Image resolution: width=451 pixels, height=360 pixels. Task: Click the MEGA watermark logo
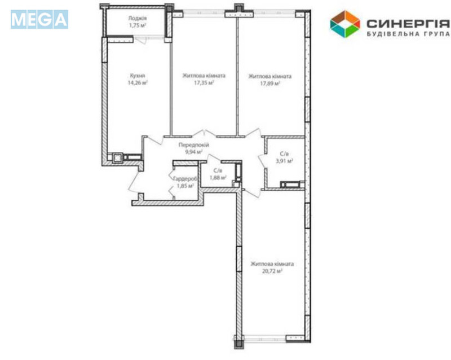pyautogui.click(x=39, y=19)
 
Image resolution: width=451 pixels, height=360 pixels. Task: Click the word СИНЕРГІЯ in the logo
pyautogui.click(x=408, y=23)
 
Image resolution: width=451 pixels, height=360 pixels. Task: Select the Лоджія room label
pyautogui.click(x=138, y=18)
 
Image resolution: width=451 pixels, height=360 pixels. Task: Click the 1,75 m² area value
pyautogui.click(x=138, y=25)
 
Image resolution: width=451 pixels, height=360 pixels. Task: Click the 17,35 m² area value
pyautogui.click(x=204, y=82)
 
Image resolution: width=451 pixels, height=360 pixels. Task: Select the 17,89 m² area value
pyautogui.click(x=271, y=82)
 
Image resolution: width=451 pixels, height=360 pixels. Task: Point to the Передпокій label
pyautogui.click(x=194, y=145)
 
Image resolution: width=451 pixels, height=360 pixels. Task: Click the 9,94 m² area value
pyautogui.click(x=194, y=152)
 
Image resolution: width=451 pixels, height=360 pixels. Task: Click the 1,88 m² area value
pyautogui.click(x=218, y=178)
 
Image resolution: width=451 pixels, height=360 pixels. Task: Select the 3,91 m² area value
pyautogui.click(x=285, y=161)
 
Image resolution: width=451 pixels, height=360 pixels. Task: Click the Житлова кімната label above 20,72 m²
pyautogui.click(x=272, y=264)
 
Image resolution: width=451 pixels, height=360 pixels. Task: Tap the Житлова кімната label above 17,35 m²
pyautogui.click(x=204, y=75)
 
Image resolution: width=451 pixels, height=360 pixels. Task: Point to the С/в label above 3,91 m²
pyautogui.click(x=285, y=153)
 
